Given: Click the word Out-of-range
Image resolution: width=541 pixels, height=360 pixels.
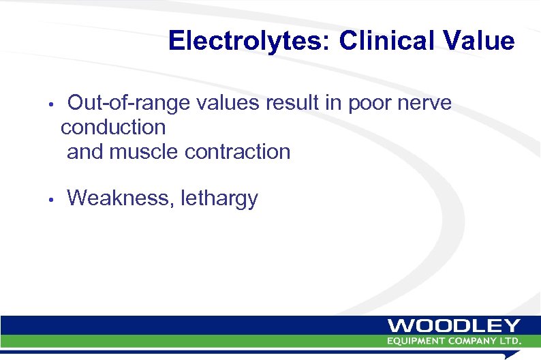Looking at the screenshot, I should coord(130,104).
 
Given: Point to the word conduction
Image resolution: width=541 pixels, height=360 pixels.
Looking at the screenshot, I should coord(113,127).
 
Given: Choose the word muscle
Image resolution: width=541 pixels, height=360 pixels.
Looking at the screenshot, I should coord(142,151).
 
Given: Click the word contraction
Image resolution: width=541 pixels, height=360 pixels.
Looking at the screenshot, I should coord(237,151).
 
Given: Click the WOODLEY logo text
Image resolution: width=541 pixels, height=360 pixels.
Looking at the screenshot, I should coord(454,325).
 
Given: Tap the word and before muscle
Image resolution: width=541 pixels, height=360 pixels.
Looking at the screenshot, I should coord(84,151).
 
